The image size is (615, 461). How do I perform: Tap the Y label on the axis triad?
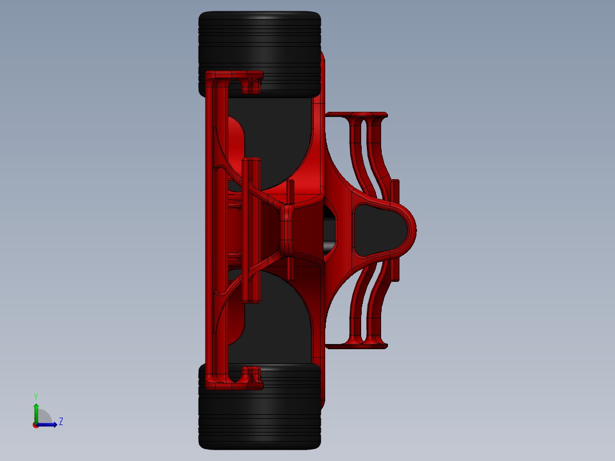click(x=35, y=396)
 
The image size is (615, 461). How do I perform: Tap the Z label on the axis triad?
click(x=60, y=422)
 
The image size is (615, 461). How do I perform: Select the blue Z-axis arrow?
click(x=48, y=424)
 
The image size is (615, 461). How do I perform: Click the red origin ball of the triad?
click(x=36, y=425)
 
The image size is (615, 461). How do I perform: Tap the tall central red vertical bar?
click(x=250, y=230)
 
